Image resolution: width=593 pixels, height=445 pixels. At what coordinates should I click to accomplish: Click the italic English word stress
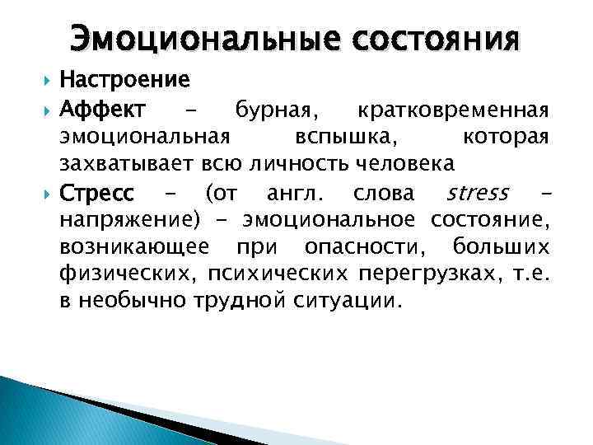click(x=477, y=194)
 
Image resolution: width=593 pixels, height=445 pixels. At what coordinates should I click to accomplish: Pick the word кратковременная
click(x=452, y=109)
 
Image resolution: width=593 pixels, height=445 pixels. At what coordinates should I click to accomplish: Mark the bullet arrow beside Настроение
click(x=46, y=81)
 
